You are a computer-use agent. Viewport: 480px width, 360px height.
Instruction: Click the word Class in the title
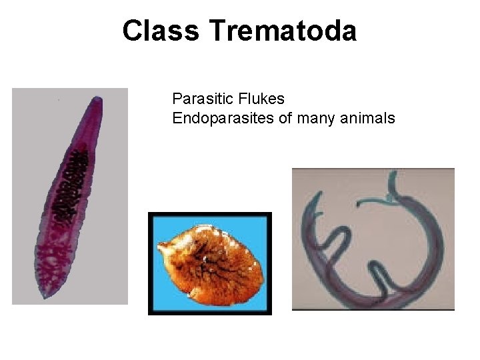(161, 31)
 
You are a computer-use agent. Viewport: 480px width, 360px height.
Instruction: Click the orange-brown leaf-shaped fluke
(209, 263)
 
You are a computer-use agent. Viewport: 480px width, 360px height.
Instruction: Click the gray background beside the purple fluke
(33, 133)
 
